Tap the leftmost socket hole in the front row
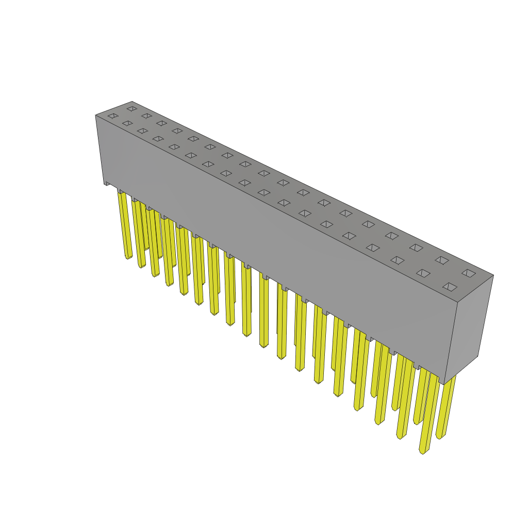pyautogui.click(x=113, y=116)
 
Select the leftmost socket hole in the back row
pyautogui.click(x=132, y=109)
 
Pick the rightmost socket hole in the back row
pyautogui.click(x=469, y=273)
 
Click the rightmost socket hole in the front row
pyautogui.click(x=450, y=287)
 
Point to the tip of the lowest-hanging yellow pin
pyautogui.click(x=423, y=452)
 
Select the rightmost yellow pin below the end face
pyautogui.click(x=447, y=407)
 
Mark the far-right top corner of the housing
pyautogui.click(x=493, y=275)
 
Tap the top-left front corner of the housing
pyautogui.click(x=96, y=115)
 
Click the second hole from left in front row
pyautogui.click(x=127, y=123)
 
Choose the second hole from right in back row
pyautogui.click(x=442, y=260)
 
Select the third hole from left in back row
pyautogui.click(x=162, y=123)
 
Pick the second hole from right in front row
pyautogui.click(x=423, y=273)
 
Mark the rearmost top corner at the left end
pyautogui.click(x=132, y=102)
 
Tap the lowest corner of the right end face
pyautogui.click(x=445, y=384)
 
